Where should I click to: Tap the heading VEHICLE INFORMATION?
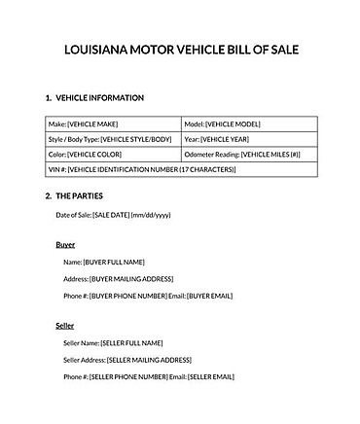[100, 98]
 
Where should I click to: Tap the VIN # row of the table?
[180, 168]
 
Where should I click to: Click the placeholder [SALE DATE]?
[115, 215]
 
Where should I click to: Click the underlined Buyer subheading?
[65, 244]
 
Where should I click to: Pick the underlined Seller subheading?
[65, 326]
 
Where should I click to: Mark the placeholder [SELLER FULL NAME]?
[131, 342]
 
